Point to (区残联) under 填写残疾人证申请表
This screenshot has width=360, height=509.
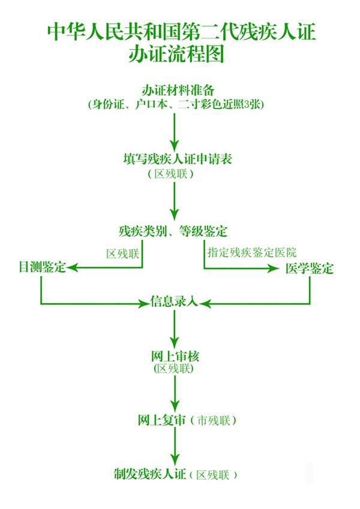click(174, 174)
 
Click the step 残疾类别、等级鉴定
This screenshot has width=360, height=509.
click(174, 231)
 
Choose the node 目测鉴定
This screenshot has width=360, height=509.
click(41, 268)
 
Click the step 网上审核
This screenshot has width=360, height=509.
click(174, 357)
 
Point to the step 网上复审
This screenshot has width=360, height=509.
click(160, 420)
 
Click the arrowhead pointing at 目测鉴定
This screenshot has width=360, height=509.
click(71, 267)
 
